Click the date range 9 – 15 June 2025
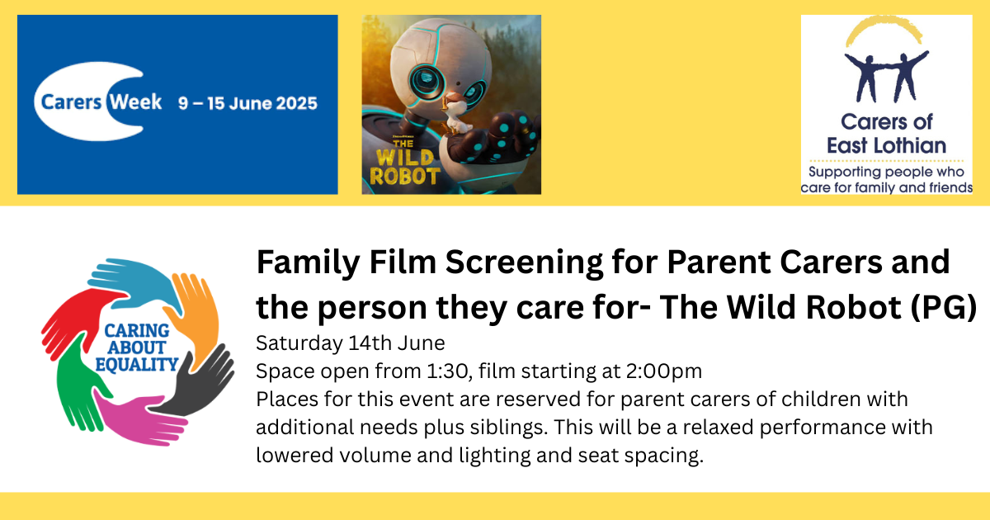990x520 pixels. pos(248,103)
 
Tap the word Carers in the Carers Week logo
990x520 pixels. pos(72,102)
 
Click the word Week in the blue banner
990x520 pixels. pos(135,102)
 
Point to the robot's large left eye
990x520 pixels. pos(427,81)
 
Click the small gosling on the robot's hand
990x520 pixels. pos(455,114)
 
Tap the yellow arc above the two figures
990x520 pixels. pos(884,29)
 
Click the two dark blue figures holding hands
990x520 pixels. pos(886,76)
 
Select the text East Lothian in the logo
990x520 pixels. pos(886,145)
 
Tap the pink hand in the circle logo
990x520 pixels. pos(137,418)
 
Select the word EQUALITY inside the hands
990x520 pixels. pos(137,365)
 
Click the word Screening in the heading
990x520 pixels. pos(524,263)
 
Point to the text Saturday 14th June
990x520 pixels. pos(351,343)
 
